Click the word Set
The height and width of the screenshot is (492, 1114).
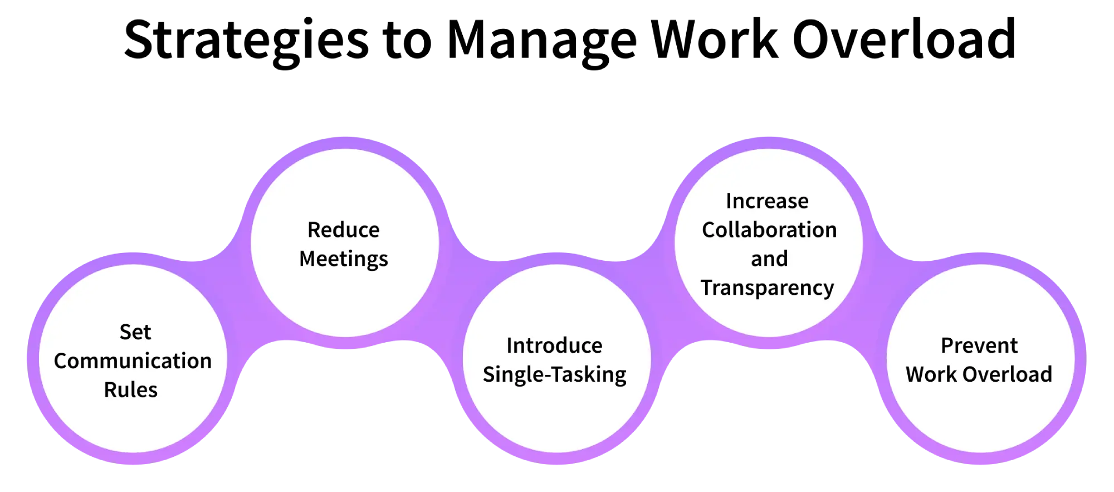pyautogui.click(x=135, y=332)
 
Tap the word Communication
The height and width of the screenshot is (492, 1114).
pyautogui.click(x=133, y=361)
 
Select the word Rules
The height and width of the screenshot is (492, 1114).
pyautogui.click(x=131, y=390)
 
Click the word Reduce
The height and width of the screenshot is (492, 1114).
pyautogui.click(x=344, y=230)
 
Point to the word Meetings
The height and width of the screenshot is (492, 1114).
pyautogui.click(x=344, y=259)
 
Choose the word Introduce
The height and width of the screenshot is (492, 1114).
pyautogui.click(x=554, y=345)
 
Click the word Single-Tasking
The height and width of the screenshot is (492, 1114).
pyautogui.click(x=555, y=375)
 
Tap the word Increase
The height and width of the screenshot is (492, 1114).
pyautogui.click(x=767, y=201)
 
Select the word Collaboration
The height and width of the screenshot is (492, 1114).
pyautogui.click(x=769, y=230)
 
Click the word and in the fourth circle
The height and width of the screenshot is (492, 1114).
pyautogui.click(x=769, y=259)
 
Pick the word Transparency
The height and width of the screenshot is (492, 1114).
pyautogui.click(x=768, y=288)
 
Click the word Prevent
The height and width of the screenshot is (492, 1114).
pyautogui.click(x=979, y=345)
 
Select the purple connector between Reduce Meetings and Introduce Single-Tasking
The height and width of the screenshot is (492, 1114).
pyautogui.click(x=451, y=301)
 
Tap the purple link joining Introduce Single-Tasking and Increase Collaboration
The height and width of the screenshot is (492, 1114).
pyautogui.click(x=663, y=301)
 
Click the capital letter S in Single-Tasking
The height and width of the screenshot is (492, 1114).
pyautogui.click(x=488, y=374)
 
